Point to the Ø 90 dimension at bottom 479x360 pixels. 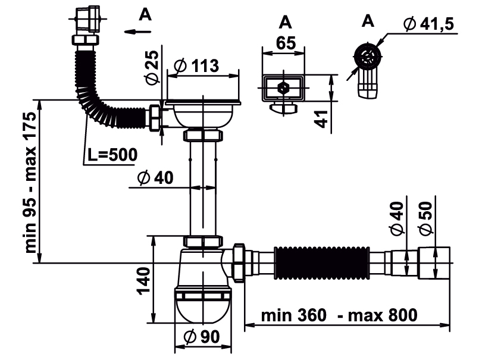202,337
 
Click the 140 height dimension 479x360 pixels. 142,280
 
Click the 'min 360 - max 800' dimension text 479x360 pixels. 340,315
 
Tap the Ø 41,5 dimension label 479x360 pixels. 428,24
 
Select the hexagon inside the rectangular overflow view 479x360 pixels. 284,88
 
